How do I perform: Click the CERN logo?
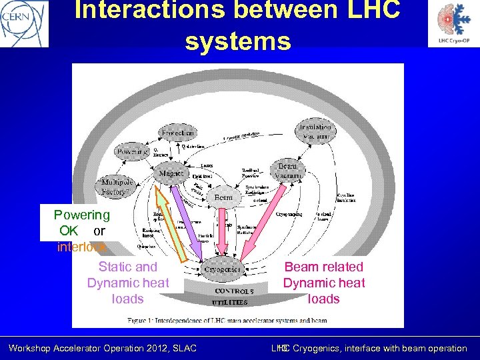[x=24, y=23]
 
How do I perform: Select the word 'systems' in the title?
[x=238, y=41]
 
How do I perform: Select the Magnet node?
[x=171, y=173]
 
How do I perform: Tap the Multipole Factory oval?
[x=117, y=186]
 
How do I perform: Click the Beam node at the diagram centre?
[x=223, y=198]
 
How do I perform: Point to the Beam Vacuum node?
[x=287, y=170]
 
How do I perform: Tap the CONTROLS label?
[x=234, y=291]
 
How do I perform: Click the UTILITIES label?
[x=230, y=302]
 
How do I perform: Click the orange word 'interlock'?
[x=81, y=247]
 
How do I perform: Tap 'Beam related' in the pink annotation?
[x=324, y=267]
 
